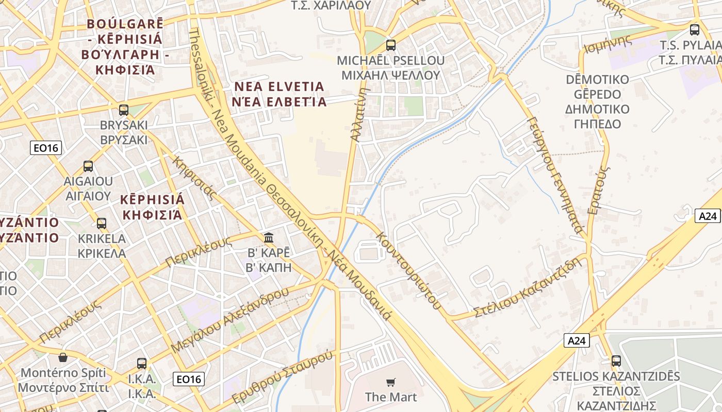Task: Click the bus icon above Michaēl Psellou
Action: coord(390,45)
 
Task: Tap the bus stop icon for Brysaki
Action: coord(124,110)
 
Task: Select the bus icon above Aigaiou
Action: coord(88,166)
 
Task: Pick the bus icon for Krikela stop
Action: coord(102,224)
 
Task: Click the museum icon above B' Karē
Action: coord(269,237)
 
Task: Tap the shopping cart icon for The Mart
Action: coord(391,382)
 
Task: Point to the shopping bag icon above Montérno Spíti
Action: coord(63,357)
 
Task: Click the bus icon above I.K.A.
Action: coord(142,363)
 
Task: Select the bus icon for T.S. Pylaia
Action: coord(695,30)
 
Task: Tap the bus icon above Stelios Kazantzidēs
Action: coord(616,361)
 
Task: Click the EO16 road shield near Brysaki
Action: coord(46,148)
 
